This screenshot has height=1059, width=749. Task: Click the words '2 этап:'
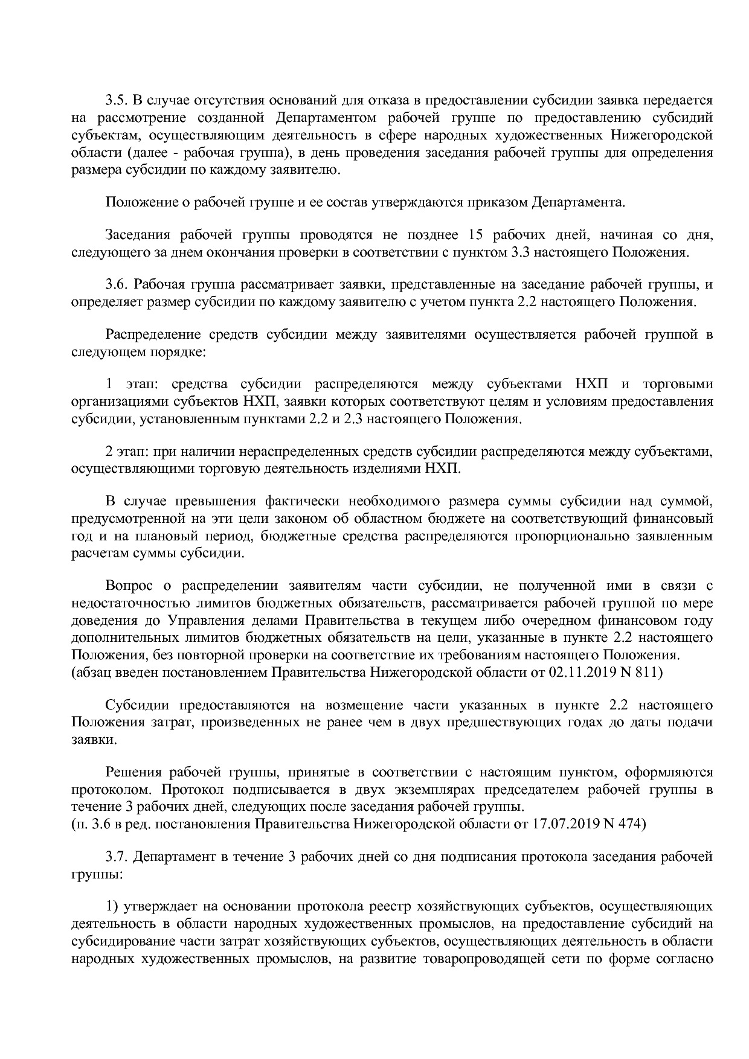point(128,451)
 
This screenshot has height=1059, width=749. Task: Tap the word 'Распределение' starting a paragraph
point(152,334)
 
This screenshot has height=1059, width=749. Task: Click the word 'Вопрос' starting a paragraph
point(129,586)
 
